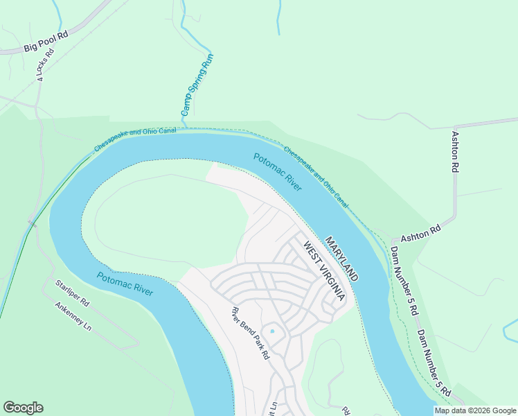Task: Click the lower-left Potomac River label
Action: point(125,284)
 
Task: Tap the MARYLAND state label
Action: point(341,258)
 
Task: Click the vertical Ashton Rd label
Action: point(455,152)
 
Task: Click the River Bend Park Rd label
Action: point(250,333)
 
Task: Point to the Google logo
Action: point(23,408)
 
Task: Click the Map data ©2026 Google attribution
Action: point(474,410)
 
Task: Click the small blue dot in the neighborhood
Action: point(272,331)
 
